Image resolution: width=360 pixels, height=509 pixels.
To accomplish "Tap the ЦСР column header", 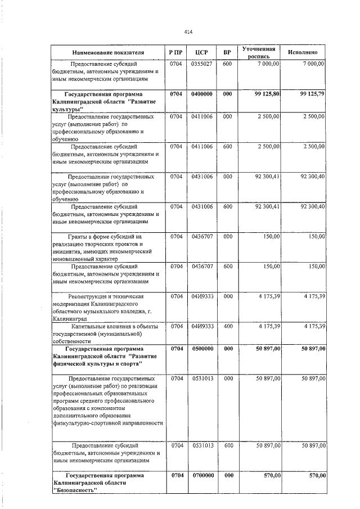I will coord(201,52).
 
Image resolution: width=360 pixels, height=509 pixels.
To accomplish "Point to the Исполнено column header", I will coord(303,52).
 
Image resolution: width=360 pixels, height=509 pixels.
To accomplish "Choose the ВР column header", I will coord(227,52).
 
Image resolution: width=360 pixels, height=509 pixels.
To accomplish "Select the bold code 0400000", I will coord(201,94).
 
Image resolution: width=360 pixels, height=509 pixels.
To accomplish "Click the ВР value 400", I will coord(227,326).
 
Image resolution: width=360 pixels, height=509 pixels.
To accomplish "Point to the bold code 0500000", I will coord(201,349).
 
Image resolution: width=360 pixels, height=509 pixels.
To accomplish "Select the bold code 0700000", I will coord(201,475).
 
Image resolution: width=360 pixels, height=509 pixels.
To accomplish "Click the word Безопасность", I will coord(75,490).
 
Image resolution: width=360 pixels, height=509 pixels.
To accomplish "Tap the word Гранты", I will coord(80,237).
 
